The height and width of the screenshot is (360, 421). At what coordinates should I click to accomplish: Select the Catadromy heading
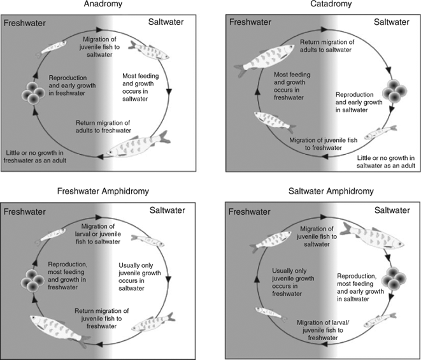[331, 4]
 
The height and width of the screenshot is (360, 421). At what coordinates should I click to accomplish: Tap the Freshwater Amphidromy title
[103, 191]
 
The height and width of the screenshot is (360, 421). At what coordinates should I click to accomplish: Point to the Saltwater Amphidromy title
[331, 191]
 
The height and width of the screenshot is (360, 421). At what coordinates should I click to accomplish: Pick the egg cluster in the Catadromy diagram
[394, 90]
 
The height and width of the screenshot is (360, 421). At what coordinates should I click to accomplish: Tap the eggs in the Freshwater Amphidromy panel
[32, 280]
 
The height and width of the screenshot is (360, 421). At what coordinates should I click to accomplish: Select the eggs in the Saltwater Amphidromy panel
[394, 278]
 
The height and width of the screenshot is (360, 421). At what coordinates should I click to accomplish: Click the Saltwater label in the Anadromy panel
[166, 22]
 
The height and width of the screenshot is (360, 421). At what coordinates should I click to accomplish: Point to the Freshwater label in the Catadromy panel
[250, 22]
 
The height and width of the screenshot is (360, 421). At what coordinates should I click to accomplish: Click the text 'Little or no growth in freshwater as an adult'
[35, 157]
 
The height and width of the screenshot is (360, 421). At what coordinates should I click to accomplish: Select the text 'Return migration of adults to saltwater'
[327, 46]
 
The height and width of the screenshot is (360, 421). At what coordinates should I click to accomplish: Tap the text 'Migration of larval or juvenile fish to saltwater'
[98, 234]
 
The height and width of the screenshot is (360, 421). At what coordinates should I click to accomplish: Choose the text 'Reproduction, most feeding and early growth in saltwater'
[360, 287]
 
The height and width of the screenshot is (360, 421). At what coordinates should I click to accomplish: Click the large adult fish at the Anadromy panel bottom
[139, 144]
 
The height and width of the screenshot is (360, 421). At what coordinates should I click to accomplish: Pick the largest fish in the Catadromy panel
[262, 61]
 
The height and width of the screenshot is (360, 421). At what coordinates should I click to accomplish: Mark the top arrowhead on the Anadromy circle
[99, 29]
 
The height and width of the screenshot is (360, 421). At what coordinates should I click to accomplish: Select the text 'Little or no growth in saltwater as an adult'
[385, 162]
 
